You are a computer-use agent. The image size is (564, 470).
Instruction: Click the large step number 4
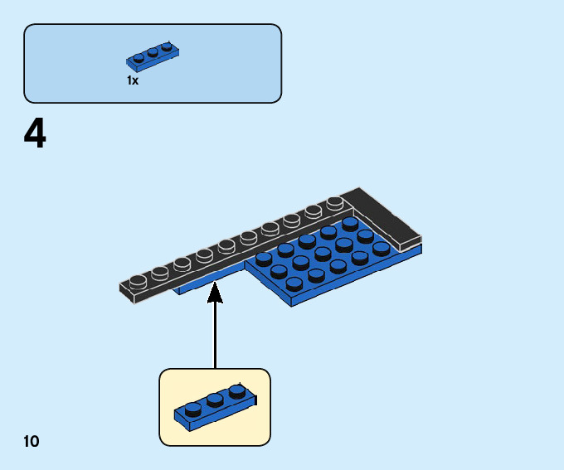click(x=35, y=134)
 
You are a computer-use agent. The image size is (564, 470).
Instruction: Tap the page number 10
click(x=32, y=441)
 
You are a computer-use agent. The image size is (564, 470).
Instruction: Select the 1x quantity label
click(x=133, y=81)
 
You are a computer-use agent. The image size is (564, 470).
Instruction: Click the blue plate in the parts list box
click(x=153, y=55)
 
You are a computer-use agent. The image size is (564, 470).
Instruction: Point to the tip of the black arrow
click(x=215, y=285)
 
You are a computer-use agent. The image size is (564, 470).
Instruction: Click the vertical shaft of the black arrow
click(x=215, y=332)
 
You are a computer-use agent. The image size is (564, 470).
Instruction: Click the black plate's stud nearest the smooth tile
click(x=335, y=202)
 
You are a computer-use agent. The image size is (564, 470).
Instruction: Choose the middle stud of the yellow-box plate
click(x=216, y=400)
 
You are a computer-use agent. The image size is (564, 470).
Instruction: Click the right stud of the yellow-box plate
click(x=237, y=390)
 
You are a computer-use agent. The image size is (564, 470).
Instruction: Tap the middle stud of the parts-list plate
click(x=153, y=52)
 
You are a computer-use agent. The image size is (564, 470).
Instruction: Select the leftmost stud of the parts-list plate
click(x=139, y=58)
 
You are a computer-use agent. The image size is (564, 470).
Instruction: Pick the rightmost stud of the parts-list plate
click(x=167, y=46)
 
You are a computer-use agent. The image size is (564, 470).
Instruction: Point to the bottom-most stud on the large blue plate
click(x=294, y=283)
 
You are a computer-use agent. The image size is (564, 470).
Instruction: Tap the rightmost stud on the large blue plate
click(x=382, y=248)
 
